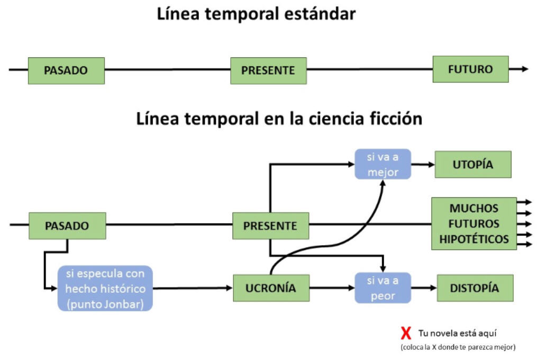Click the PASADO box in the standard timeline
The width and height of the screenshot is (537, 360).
[x=66, y=70]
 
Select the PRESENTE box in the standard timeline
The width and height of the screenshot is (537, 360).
[x=268, y=70]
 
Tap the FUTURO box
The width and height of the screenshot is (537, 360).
[x=470, y=69]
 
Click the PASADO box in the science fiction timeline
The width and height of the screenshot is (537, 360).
[x=67, y=226]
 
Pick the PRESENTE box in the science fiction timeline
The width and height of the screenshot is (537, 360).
[x=270, y=226]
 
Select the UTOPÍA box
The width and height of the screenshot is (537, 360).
[x=473, y=164]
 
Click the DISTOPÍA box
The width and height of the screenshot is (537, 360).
[x=475, y=288]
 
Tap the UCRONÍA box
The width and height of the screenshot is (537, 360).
[x=271, y=289]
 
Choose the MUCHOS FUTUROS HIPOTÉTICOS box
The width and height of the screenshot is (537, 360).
[x=474, y=223]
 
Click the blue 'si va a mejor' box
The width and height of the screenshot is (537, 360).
[x=383, y=164]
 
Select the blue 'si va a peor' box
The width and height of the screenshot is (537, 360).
[x=383, y=288]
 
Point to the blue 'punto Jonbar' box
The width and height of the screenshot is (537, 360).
[x=105, y=289]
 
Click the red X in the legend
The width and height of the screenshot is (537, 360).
[x=406, y=334]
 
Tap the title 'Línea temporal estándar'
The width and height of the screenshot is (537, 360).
[x=257, y=14]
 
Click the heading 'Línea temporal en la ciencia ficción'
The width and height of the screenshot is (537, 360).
[x=279, y=119]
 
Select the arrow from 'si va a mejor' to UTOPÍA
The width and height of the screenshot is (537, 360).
[x=423, y=164]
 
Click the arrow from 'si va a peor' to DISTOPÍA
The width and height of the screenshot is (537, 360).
[x=424, y=288]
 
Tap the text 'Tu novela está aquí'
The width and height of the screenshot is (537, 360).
[x=457, y=333]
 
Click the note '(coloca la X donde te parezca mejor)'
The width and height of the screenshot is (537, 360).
[x=458, y=347]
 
